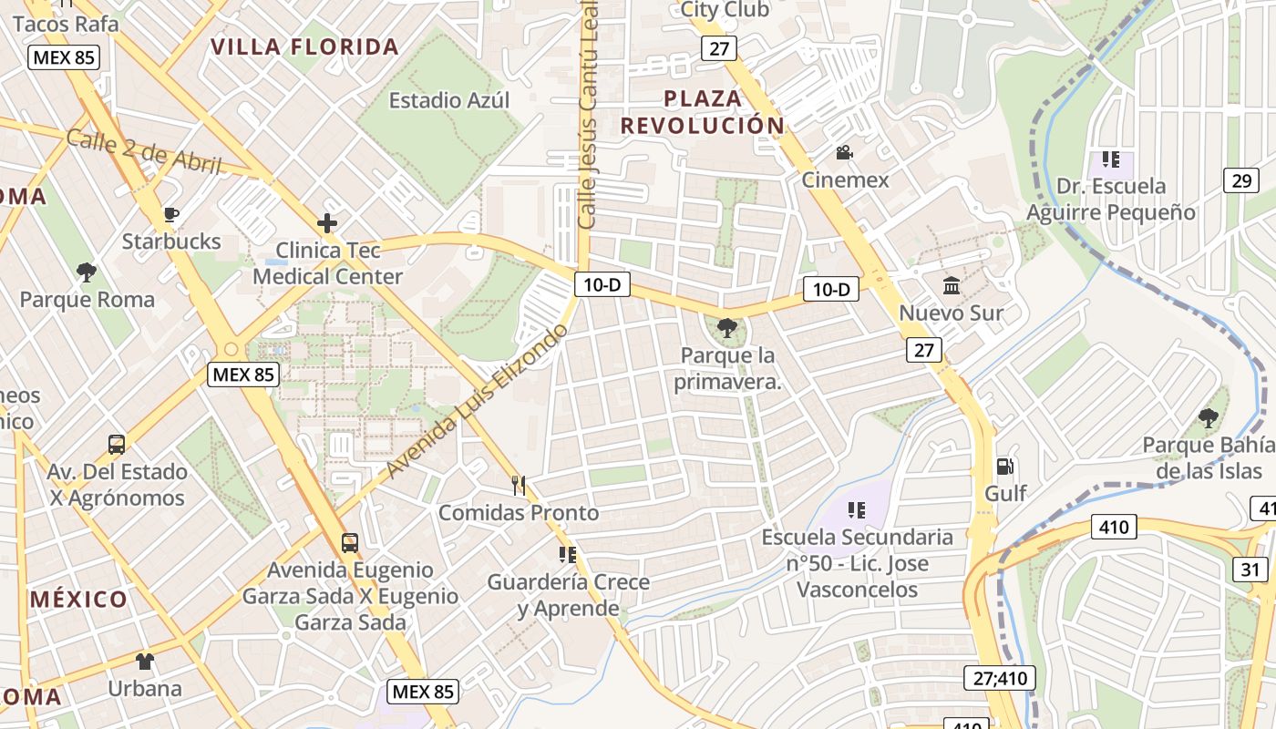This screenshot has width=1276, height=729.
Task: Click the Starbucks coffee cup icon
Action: click(170, 215)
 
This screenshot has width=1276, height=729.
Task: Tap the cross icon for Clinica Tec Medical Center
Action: click(326, 222)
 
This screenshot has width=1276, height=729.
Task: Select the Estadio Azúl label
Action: click(449, 100)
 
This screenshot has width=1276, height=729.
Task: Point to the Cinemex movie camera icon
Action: click(844, 152)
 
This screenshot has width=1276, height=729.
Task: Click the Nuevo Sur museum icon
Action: click(952, 286)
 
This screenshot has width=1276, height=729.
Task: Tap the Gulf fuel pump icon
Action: click(1004, 466)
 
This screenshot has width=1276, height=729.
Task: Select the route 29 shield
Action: click(1241, 180)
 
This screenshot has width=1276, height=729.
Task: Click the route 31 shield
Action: click(1250, 570)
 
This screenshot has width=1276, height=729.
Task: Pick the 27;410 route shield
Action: click(999, 678)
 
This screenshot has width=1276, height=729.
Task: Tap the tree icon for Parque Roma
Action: click(87, 272)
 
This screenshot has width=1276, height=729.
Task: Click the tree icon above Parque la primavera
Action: click(726, 327)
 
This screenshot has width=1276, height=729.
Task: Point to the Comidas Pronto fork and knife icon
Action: click(519, 485)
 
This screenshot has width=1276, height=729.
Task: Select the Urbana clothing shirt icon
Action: click(145, 661)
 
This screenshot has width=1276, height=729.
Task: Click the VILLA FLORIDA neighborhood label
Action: click(305, 47)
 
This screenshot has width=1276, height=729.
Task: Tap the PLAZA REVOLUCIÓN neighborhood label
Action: click(702, 112)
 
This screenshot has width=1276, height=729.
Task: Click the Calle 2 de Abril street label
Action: click(144, 150)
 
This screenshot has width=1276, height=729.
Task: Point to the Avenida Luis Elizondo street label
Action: click(476, 401)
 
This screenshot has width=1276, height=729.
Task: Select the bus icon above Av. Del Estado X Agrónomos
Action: click(117, 445)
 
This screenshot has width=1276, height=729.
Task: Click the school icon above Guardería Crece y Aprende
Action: click(568, 554)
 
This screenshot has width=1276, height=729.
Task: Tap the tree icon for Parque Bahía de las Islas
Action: click(1208, 418)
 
